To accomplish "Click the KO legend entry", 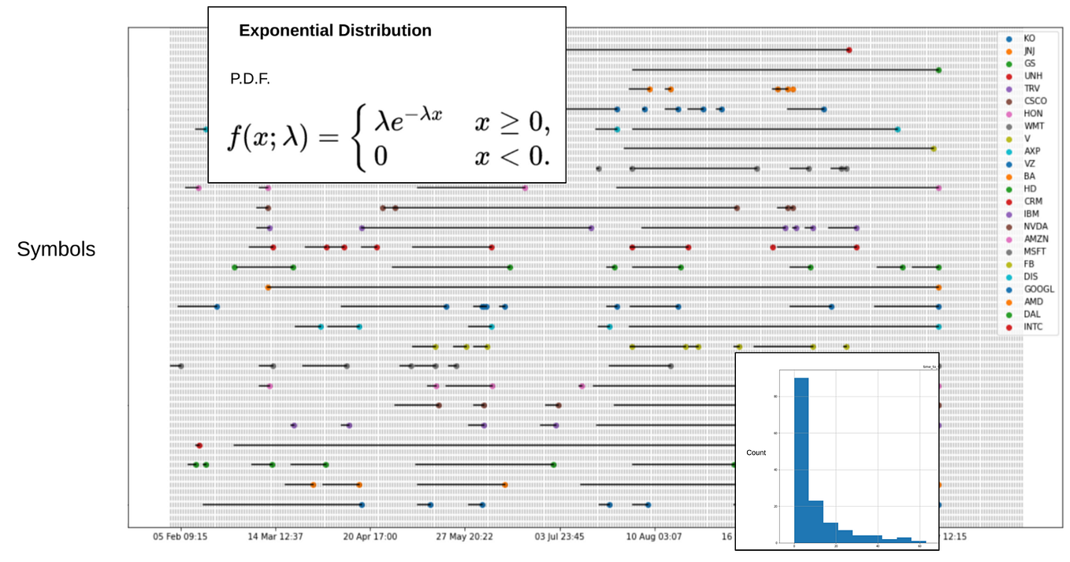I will (1029, 38).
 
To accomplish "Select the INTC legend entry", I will (1033, 326).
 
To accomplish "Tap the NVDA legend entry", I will (1035, 226).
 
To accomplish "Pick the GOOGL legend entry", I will (1038, 289).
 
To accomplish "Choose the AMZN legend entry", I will (1035, 239).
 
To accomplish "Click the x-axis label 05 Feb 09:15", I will (181, 537).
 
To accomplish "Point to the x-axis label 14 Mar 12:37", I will (275, 537).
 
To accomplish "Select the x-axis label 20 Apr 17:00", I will (369, 537).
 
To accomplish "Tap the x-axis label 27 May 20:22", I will (464, 537).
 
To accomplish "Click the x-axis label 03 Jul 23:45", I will (559, 537).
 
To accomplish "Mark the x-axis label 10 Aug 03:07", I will (654, 537).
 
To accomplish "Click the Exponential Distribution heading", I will (335, 31).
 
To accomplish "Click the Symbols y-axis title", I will (56, 249).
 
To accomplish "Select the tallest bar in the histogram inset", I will (801, 460).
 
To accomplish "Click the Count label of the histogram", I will (756, 453).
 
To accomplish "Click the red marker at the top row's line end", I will (849, 50).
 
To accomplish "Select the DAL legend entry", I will (1031, 314).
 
